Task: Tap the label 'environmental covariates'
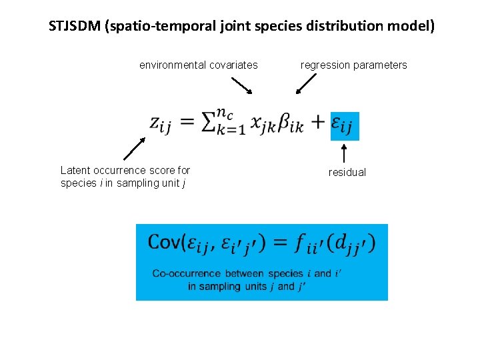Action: click(198, 65)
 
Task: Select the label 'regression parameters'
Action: click(353, 65)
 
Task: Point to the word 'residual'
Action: click(347, 173)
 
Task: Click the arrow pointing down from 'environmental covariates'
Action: click(241, 85)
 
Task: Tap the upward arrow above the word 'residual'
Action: click(344, 153)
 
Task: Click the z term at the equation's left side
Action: click(160, 123)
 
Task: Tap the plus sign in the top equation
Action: click(318, 122)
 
